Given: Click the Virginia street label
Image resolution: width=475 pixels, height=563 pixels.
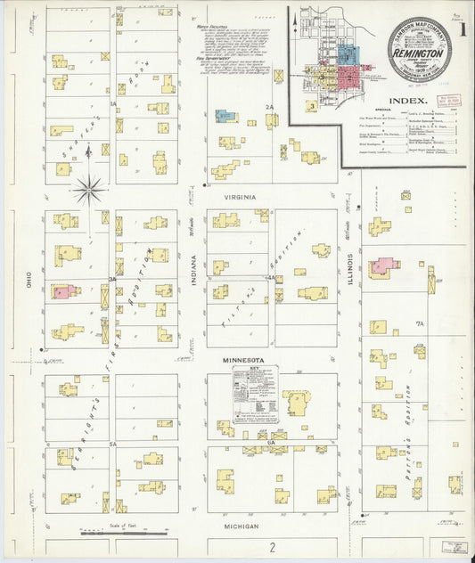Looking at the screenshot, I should (x=239, y=196).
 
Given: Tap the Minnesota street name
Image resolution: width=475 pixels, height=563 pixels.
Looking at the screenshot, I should (x=240, y=360).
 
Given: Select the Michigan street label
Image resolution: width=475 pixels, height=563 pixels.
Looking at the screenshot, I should (x=240, y=526).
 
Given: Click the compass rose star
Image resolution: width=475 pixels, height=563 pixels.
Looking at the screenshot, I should (x=88, y=188).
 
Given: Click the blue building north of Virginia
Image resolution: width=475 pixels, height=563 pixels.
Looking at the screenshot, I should (x=225, y=115).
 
